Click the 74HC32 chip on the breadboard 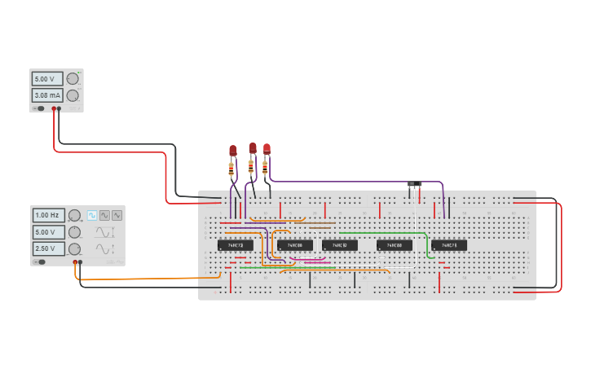point(339,245)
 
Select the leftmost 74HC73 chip point(235,245)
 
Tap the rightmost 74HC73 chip point(449,245)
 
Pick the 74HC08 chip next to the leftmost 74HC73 point(294,245)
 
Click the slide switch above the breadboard point(415,185)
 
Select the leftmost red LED point(232,151)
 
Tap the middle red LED point(253,147)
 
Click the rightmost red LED point(267,148)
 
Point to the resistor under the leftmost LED point(232,170)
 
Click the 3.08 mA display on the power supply point(47,95)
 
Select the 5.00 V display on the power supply point(47,79)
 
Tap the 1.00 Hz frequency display point(48,216)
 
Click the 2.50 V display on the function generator point(48,248)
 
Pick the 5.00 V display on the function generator point(48,232)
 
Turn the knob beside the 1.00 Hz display point(74,216)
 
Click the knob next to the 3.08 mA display point(73,95)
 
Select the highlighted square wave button point(92,215)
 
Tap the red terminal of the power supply point(54,108)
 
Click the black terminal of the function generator point(80,262)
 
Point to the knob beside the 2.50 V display point(74,248)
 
